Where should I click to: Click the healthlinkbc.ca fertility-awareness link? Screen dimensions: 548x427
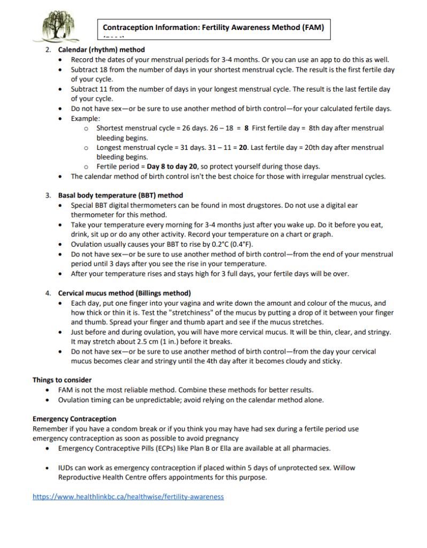128,497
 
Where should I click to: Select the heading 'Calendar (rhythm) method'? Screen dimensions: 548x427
94,50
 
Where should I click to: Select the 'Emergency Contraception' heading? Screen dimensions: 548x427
74,418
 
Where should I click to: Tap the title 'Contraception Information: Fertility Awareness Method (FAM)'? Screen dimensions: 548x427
213,27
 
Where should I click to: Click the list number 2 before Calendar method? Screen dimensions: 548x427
48,50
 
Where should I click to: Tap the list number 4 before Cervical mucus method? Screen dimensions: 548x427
48,293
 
